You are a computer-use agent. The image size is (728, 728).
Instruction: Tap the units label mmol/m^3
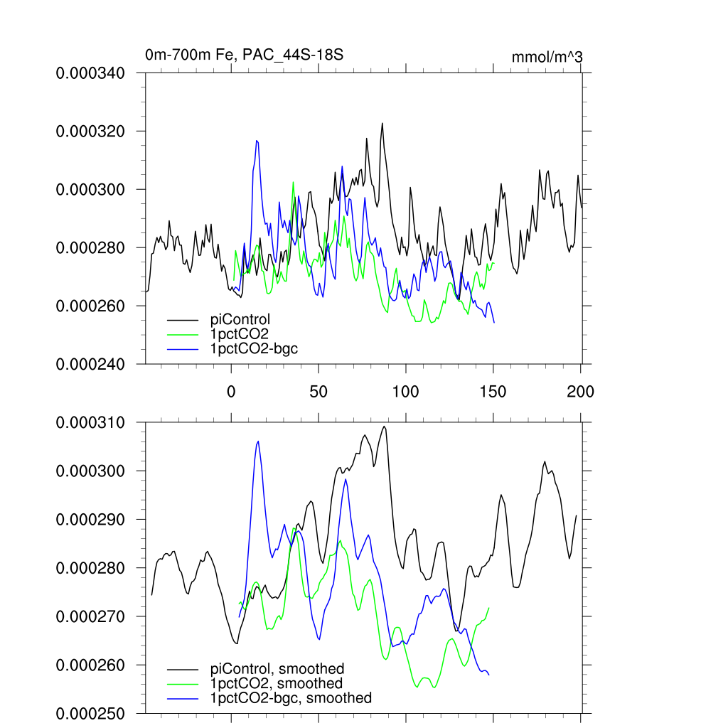[x=547, y=57]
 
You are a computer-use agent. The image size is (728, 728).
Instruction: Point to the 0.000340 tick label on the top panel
[x=95, y=73]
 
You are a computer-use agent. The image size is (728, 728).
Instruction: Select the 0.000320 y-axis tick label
[x=95, y=132]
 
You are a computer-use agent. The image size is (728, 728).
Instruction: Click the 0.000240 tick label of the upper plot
[x=95, y=364]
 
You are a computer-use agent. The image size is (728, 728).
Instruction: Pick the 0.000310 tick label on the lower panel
[x=95, y=423]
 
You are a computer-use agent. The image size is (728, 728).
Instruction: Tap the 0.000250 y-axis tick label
[x=95, y=713]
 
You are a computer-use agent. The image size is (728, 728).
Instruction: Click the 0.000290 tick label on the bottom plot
[x=95, y=520]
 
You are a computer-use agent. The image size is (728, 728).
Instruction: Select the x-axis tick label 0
[x=231, y=391]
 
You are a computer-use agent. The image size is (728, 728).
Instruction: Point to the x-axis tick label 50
[x=318, y=391]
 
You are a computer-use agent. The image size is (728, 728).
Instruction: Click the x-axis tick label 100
[x=406, y=391]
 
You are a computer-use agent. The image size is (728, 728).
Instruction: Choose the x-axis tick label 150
[x=493, y=391]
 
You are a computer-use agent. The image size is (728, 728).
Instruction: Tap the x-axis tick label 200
[x=581, y=391]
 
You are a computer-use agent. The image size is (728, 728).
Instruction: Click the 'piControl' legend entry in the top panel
[x=240, y=319]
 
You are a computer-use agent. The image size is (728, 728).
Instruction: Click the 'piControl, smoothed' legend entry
[x=277, y=668]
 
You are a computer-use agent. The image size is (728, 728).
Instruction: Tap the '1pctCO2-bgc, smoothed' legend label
[x=291, y=698]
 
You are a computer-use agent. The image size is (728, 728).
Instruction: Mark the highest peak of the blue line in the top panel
[x=257, y=141]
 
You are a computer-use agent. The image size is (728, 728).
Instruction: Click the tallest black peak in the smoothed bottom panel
[x=385, y=427]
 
